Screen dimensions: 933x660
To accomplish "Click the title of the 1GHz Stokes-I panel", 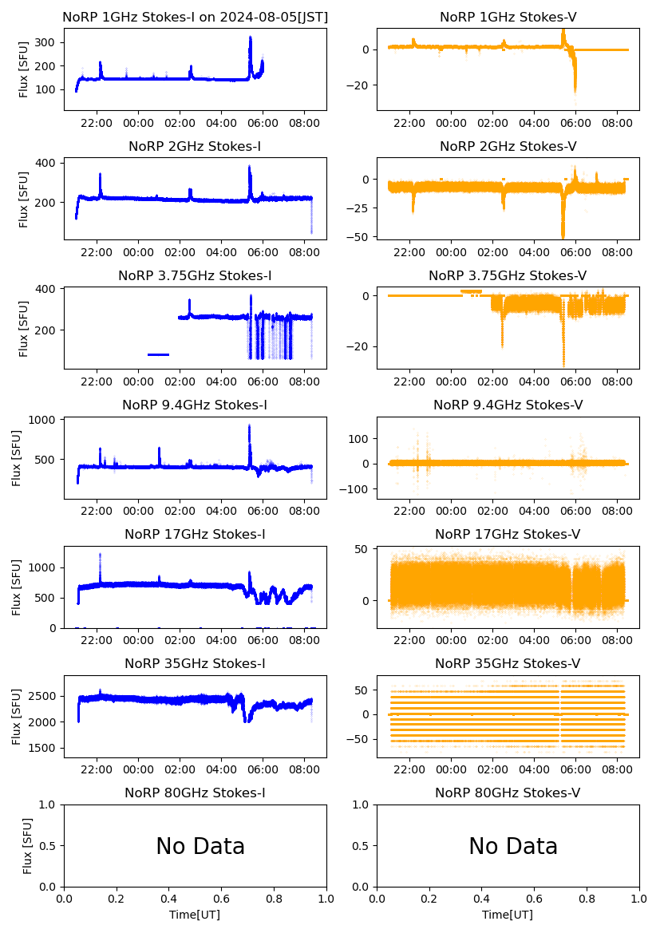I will (x=195, y=17).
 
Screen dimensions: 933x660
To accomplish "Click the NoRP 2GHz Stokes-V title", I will (x=508, y=146).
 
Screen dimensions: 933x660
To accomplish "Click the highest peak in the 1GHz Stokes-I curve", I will (x=251, y=38).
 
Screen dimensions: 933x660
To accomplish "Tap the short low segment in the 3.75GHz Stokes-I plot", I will (x=158, y=354).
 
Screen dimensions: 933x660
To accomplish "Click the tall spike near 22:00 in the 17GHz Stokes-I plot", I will (x=100, y=555).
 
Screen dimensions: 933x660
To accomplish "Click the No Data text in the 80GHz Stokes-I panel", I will (x=200, y=847).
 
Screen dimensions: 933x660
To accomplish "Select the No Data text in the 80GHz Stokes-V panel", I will (x=512, y=847).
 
